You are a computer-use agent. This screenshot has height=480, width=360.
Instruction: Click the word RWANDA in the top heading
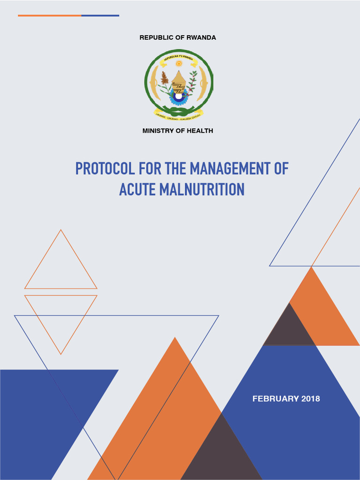[201, 37]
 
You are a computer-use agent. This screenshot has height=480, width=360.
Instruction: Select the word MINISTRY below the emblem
[158, 131]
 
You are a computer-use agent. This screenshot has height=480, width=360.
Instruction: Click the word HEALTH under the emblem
[200, 131]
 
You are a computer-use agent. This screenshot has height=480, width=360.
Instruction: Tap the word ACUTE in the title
[137, 189]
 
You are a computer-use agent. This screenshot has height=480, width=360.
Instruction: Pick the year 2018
[310, 399]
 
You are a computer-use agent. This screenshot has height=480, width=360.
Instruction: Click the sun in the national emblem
[179, 63]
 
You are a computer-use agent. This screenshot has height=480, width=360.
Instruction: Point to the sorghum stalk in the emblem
[165, 78]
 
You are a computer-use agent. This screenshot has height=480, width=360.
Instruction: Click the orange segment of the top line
[50, 15]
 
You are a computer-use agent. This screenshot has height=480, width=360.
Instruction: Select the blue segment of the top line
[100, 15]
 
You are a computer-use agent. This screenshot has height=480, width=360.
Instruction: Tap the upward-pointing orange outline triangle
[60, 267]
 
